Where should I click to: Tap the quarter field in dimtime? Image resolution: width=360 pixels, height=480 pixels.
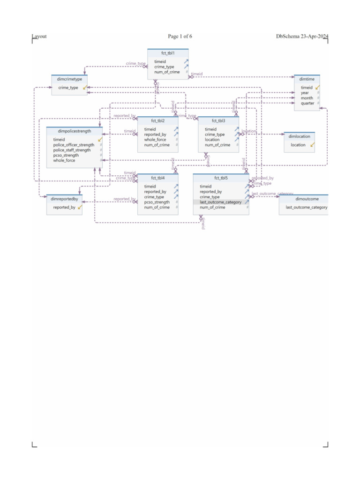[x=307, y=103]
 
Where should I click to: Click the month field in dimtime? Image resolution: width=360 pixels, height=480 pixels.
[x=307, y=98]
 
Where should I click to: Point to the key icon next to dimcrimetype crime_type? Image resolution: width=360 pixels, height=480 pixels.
[x=85, y=87]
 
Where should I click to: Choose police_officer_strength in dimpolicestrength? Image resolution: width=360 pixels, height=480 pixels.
[x=74, y=145]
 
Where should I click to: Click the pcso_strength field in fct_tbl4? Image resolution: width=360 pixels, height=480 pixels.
[x=157, y=202]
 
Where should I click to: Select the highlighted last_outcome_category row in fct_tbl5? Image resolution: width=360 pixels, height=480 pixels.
[x=220, y=202]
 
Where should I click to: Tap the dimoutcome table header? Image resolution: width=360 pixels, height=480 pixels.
[x=304, y=199]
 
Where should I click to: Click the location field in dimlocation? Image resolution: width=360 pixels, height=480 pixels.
[x=298, y=145]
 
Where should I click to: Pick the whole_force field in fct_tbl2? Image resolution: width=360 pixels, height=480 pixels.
[x=155, y=140]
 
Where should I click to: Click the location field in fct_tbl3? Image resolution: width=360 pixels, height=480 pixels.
[x=212, y=140]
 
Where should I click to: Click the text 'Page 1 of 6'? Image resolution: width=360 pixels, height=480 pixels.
[x=180, y=37]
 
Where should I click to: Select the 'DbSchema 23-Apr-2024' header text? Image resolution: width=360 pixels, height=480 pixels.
[x=302, y=37]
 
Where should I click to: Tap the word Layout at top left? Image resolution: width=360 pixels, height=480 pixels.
[x=39, y=37]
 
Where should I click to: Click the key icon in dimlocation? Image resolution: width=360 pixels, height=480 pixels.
[x=312, y=145]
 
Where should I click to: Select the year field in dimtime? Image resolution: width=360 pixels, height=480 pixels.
[x=305, y=93]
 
